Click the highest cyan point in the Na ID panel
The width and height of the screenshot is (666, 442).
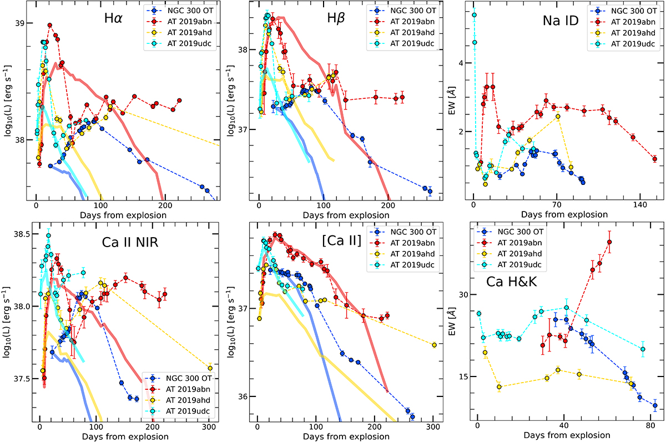pyautogui.click(x=474, y=15)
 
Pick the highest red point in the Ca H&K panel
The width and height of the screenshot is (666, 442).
pyautogui.click(x=609, y=242)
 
